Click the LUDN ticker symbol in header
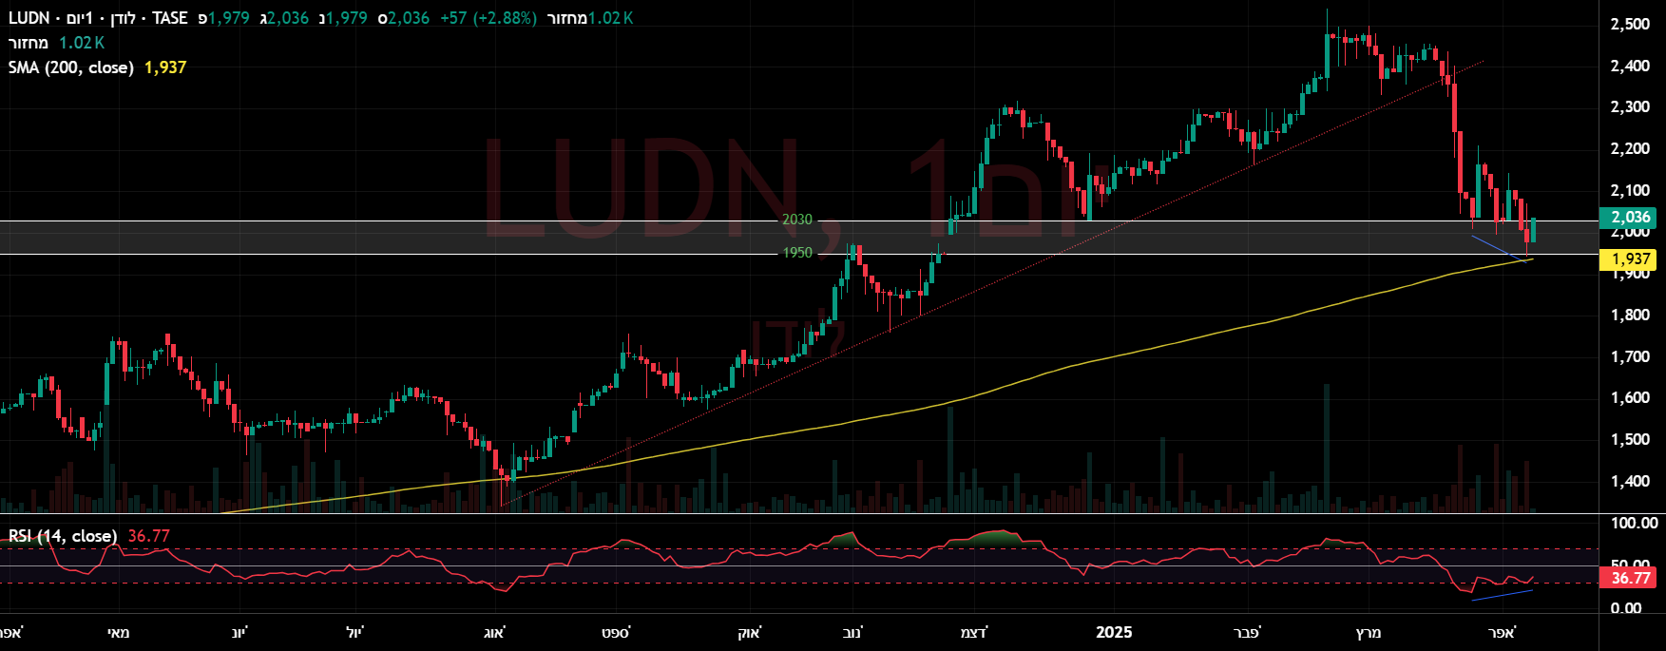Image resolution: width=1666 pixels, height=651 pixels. pos(29,18)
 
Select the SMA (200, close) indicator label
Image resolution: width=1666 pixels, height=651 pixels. pos(70,67)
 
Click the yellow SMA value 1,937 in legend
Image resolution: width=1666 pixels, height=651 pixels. pos(165,67)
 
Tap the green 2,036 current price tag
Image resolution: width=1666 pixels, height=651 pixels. pos(1631,218)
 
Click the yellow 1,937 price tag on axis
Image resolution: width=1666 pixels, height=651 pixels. pos(1631,258)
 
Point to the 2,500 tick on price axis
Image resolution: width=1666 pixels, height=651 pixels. pos(1630,24)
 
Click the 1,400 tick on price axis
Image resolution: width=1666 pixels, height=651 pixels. pos(1630,481)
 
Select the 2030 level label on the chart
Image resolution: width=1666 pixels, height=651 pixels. pos(796,220)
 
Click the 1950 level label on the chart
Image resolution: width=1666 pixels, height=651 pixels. pos(796,253)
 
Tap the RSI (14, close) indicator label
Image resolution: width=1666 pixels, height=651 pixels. pos(63,536)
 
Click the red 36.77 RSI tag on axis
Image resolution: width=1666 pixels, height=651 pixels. pos(1631,578)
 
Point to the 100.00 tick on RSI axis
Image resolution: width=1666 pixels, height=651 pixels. pos(1634,523)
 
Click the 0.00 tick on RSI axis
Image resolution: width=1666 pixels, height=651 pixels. pos(1626,608)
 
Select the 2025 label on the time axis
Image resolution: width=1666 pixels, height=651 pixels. pos(1114,632)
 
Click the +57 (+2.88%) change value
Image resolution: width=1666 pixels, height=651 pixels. pos(488,18)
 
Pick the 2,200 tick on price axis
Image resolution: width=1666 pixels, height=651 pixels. pos(1630,148)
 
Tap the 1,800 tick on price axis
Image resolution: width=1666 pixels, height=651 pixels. pos(1630,315)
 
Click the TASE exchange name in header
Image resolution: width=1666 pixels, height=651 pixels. pos(169,18)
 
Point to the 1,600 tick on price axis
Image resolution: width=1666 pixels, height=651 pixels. pos(1630,397)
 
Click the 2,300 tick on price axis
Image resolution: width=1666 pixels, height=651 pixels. pos(1630,106)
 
